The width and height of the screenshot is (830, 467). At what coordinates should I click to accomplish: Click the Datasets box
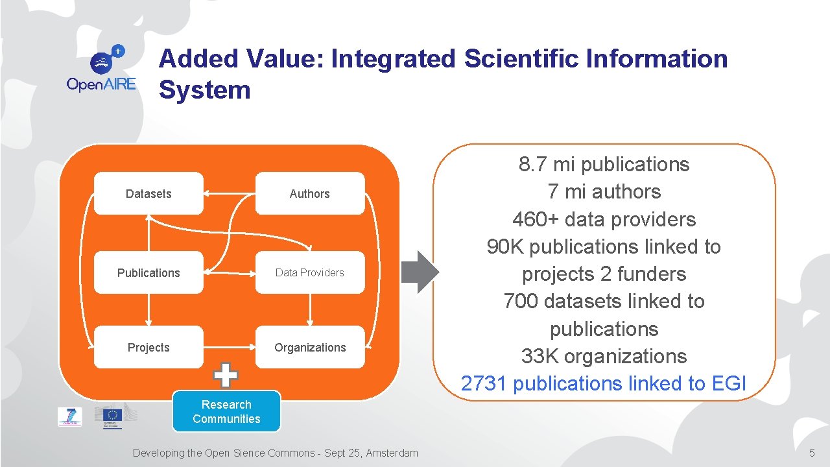[x=148, y=193]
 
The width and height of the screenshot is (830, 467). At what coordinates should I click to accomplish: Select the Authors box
[x=309, y=193]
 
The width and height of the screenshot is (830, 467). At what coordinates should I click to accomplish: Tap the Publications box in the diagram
[x=148, y=272]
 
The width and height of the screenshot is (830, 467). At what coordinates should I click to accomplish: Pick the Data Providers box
[x=309, y=272]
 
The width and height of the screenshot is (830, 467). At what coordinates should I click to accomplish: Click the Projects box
[x=148, y=347]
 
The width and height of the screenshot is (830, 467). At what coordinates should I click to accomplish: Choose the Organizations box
[x=309, y=347]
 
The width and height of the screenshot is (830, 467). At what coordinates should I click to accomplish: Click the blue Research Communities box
[x=226, y=411]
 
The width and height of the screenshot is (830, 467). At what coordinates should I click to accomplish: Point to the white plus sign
[x=226, y=374]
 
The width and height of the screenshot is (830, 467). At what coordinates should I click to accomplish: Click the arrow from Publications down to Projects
[x=149, y=309]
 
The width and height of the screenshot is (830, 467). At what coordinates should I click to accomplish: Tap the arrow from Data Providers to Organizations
[x=310, y=309]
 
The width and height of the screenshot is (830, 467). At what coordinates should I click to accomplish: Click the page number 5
[x=811, y=453]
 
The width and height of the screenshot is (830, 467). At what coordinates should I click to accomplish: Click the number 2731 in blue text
[x=483, y=383]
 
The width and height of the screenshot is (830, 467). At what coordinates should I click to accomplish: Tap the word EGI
[x=729, y=383]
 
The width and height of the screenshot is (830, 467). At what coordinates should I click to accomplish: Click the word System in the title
[x=204, y=90]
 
